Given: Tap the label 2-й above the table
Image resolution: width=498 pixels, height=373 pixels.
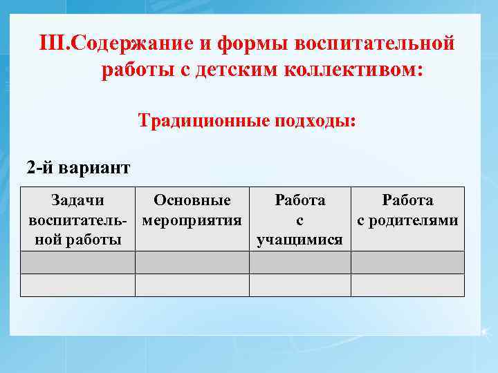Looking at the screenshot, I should (40, 168).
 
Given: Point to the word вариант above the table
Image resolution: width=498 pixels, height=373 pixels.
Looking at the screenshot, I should (94, 168).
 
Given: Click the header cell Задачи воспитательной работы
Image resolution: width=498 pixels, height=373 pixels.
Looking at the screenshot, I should (77, 219).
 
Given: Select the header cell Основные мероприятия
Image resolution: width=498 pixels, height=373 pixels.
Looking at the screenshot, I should (192, 219).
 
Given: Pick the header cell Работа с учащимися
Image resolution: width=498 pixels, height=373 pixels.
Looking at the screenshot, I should (299, 219).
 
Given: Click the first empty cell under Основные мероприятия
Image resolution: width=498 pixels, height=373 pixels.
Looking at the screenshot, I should (192, 262).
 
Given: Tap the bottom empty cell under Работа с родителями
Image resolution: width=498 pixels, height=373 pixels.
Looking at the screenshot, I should (407, 285).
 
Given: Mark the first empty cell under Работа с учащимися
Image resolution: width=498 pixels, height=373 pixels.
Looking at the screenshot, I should (299, 262).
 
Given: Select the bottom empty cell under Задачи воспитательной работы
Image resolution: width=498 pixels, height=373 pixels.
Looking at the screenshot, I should (77, 285).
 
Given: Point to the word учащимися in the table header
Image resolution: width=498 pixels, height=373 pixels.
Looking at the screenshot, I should (299, 240).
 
